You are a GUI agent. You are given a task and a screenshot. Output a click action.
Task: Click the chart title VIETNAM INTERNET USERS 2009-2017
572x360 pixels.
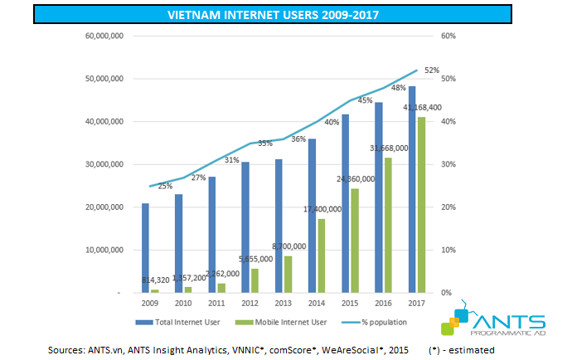(285, 15)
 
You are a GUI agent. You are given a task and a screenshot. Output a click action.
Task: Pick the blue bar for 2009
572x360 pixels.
(145, 248)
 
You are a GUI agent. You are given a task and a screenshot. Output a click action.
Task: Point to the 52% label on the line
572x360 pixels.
(432, 71)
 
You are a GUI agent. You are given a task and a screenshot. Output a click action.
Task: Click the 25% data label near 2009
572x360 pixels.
(165, 186)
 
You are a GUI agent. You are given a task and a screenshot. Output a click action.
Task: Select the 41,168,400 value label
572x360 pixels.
(422, 108)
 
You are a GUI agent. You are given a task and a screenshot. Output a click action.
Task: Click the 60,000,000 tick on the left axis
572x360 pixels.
(104, 36)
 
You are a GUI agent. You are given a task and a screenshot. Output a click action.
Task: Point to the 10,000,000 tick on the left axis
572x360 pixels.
(104, 250)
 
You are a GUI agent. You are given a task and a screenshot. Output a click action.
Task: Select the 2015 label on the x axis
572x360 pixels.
(350, 304)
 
